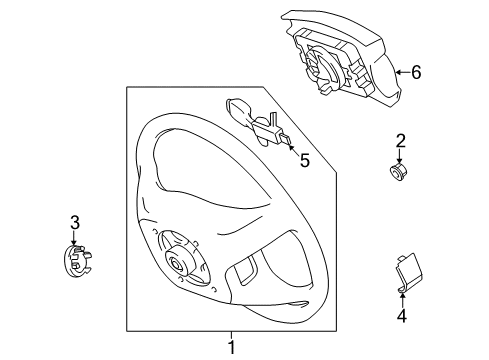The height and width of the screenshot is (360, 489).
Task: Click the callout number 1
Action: tap(231, 348)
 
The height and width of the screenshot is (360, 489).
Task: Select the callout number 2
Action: tap(400, 141)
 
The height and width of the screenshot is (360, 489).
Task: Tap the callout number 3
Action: tap(74, 222)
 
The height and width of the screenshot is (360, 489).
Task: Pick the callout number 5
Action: tap(305, 157)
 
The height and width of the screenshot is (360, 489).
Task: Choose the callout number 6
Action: tap(416, 71)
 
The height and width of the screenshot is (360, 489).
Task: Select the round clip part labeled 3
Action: tap(74, 262)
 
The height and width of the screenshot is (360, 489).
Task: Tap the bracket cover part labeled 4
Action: tap(405, 276)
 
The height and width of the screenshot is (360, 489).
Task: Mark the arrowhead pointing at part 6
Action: tap(395, 71)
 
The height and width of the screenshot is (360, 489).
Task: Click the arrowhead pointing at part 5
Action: tap(289, 143)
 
